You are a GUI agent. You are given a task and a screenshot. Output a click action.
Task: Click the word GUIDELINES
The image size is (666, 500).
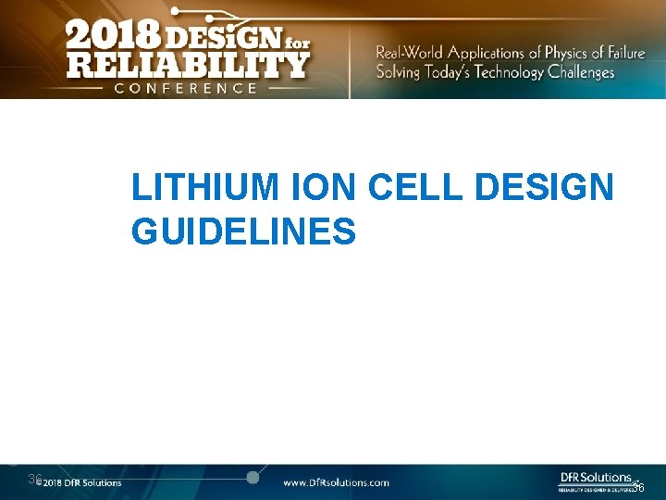point(243,231)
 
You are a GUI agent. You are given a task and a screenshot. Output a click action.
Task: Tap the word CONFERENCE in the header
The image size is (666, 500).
point(185,88)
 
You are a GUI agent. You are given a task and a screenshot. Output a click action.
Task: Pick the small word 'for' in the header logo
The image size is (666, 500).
point(293,29)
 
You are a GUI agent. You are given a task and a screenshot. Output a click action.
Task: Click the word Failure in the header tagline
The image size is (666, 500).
point(623,53)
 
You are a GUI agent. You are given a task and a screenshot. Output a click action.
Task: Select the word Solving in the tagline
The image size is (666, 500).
point(397,72)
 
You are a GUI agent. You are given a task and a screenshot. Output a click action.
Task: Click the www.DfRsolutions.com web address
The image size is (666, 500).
point(336,482)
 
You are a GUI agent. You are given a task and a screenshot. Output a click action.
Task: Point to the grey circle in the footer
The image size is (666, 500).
point(252,478)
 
